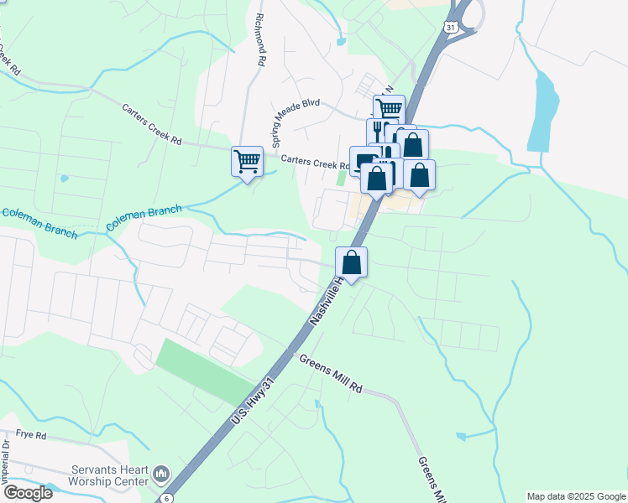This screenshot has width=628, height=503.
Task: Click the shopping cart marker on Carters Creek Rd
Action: (x=247, y=160)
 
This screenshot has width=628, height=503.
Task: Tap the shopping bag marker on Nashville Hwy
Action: (x=352, y=262)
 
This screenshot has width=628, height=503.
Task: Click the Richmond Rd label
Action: (x=261, y=39)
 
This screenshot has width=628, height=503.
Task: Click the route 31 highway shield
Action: (x=452, y=28)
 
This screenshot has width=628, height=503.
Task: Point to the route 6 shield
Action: (x=167, y=498)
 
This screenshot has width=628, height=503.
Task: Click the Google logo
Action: (x=27, y=493)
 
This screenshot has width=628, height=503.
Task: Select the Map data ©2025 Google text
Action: (x=575, y=496)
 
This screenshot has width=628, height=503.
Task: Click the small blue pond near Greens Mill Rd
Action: (x=460, y=437)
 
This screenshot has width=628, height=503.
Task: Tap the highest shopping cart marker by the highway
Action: (x=389, y=109)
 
